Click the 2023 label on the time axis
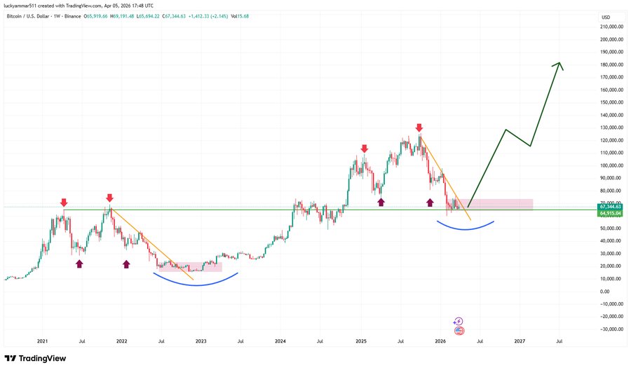coord(201,341)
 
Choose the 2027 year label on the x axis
coord(520,341)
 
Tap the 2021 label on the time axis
coord(42,341)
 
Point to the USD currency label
coord(605,17)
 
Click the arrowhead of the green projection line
coord(559,65)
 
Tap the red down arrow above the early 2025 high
coord(364,149)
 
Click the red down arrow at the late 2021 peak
coord(109,198)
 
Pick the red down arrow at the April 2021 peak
coord(64,202)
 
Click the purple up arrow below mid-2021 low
coord(79,263)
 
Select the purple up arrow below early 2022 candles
coord(126,263)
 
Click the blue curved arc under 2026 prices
coord(465,228)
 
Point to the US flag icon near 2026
coord(459,330)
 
